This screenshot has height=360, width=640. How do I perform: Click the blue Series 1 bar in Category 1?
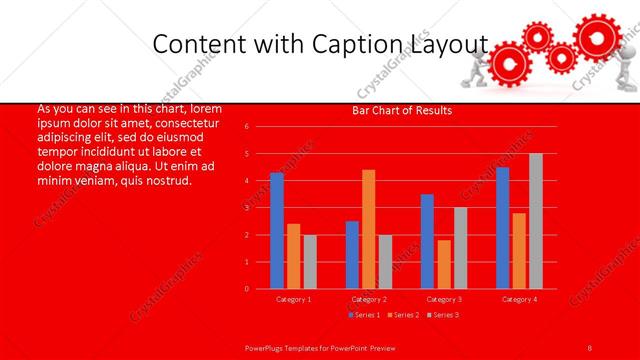pos(277,231)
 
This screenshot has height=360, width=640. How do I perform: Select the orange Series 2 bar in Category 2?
pos(369,229)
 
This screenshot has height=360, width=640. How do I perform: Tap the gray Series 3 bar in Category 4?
pos(536,221)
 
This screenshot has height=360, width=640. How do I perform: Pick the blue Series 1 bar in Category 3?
pos(427,241)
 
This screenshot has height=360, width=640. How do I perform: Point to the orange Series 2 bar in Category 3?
pos(444,264)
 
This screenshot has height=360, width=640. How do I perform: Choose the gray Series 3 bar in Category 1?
pos(310,262)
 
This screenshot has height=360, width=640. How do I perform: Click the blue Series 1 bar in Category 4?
pos(502,228)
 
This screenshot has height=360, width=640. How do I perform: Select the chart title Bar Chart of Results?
pos(402,110)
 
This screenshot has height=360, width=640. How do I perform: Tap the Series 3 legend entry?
pos(443,315)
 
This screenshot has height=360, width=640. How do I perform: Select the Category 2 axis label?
pos(369,299)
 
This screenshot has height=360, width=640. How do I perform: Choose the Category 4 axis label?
pos(519,299)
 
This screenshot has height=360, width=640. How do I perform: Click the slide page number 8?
pos(590,347)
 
